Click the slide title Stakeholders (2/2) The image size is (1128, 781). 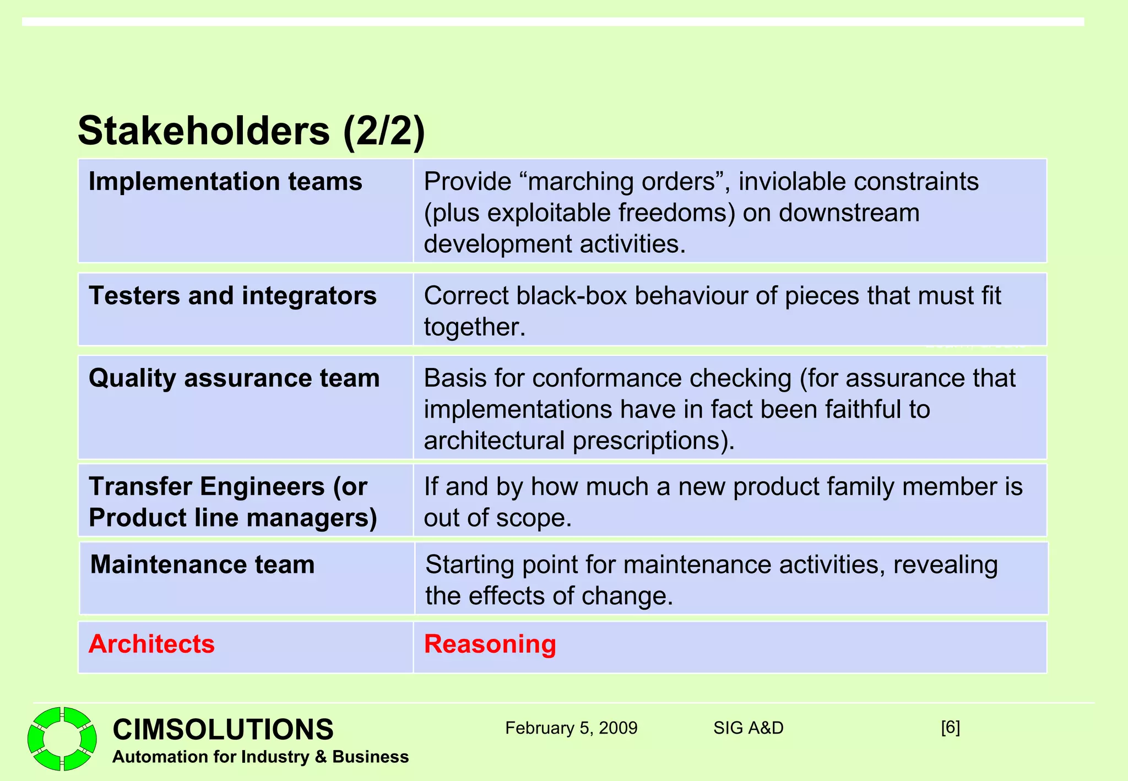[x=251, y=131]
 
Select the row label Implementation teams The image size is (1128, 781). [x=225, y=182]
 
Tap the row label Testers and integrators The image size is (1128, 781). [x=232, y=296]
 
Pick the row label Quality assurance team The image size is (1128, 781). [x=234, y=378]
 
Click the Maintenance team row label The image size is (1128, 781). [x=202, y=565]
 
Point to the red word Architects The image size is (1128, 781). [x=151, y=644]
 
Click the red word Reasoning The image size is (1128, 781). [x=490, y=644]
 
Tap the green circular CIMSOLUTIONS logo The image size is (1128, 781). [x=62, y=739]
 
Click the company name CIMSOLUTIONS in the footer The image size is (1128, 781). [x=223, y=729]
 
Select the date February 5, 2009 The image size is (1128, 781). [x=571, y=728]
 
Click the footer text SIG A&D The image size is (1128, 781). [x=748, y=728]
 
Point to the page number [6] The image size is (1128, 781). [x=950, y=728]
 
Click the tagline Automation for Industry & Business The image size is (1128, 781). [x=260, y=757]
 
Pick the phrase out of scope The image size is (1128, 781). [x=497, y=518]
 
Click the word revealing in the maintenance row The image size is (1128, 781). [x=945, y=565]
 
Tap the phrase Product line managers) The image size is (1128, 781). [x=232, y=518]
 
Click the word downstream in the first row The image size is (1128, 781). [x=849, y=213]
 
